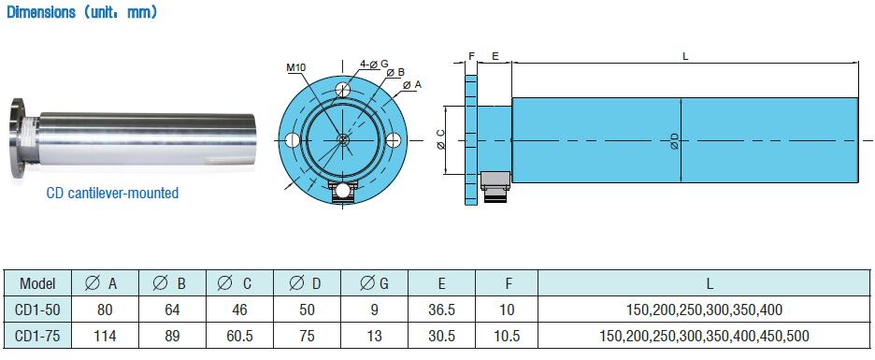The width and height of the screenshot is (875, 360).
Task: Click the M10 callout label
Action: tap(297, 68)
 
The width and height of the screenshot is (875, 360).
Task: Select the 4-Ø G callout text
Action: tap(374, 65)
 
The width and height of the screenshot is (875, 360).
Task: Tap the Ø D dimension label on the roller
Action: tap(674, 140)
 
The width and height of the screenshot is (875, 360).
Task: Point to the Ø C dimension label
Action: tap(441, 139)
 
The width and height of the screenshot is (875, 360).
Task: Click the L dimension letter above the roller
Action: tap(685, 56)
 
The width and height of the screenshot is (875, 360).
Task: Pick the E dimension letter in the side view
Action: tap(495, 56)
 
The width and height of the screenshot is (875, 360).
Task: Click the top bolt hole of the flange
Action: tap(343, 90)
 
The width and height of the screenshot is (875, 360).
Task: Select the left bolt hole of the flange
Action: tap(292, 140)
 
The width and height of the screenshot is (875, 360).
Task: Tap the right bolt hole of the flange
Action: tap(394, 140)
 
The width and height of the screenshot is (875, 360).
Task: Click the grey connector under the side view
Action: tap(495, 186)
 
